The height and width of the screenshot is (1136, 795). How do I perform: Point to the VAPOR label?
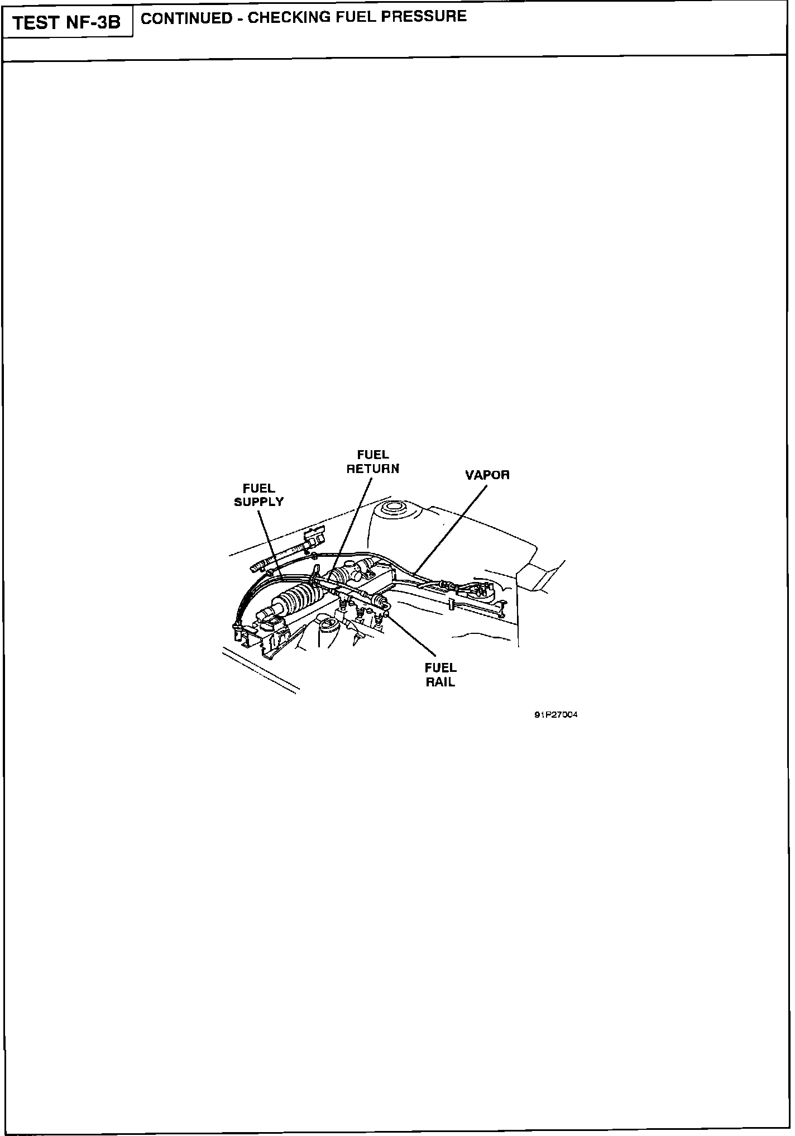(487, 475)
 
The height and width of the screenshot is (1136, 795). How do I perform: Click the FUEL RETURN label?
(373, 462)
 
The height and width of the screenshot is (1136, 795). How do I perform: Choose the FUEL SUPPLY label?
(258, 495)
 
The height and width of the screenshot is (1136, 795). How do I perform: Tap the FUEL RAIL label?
(440, 675)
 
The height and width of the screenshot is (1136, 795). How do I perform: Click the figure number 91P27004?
(555, 714)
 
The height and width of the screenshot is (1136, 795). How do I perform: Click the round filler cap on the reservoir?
(391, 509)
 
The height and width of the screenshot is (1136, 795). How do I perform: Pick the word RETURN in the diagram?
(373, 469)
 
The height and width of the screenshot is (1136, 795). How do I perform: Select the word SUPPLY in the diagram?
(258, 502)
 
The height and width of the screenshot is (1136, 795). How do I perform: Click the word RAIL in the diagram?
(440, 682)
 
